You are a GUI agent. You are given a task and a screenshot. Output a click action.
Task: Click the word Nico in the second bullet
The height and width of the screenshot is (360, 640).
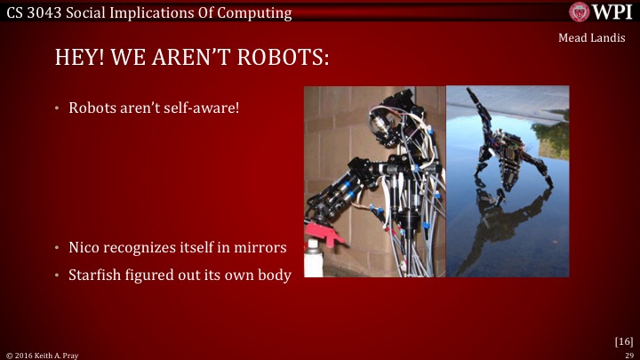pos(85,248)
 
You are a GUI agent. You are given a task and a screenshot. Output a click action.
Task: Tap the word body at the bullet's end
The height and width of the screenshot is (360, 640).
pos(274,275)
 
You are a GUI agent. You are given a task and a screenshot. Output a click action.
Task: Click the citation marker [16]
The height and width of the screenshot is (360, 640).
pos(623,340)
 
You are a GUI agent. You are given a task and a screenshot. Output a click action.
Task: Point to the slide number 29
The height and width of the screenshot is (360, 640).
pos(628,354)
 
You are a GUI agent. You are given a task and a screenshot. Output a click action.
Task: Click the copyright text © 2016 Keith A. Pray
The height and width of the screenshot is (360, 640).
pos(39,354)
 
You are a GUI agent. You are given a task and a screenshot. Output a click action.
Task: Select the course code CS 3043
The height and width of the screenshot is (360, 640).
pos(30,12)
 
